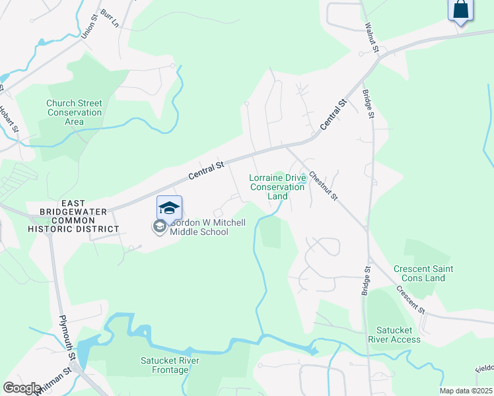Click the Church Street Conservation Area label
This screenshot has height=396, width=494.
pos(74,112)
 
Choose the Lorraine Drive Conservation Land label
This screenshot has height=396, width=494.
pos(277,187)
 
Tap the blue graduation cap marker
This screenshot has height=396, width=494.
pos(169,208)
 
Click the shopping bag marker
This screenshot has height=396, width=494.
pos(461,10)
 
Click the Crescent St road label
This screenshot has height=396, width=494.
pos(411,300)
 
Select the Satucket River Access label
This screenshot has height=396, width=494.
pos(398,335)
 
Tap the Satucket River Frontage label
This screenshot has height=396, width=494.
pos(170,365)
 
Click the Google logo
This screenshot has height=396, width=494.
pos(22,387)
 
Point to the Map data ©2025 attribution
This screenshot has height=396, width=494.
pos(465,391)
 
